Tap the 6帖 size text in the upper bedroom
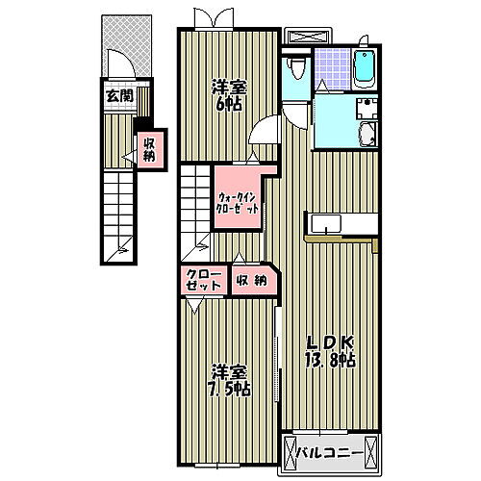230,103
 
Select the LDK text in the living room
331,342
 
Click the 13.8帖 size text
332,362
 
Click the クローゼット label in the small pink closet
203,282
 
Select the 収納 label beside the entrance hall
150,150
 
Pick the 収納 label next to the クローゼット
252,281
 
